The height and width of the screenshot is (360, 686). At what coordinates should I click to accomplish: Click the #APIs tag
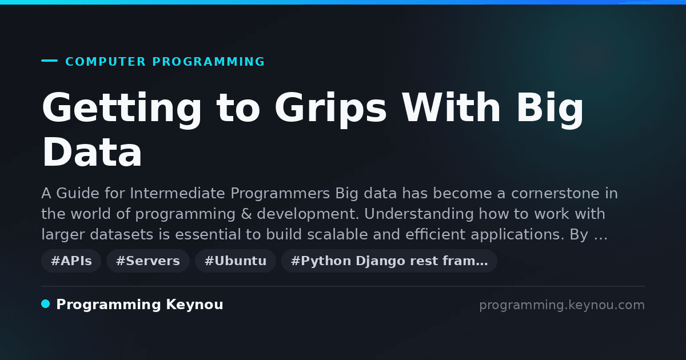71,261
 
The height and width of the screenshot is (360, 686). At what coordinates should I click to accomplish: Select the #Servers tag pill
148,261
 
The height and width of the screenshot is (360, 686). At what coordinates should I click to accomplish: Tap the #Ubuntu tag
236,261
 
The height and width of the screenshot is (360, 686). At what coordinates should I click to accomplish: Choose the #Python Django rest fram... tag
389,261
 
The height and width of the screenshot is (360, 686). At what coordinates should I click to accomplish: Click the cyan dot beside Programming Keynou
46,304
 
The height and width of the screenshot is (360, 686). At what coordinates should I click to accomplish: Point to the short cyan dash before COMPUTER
49,61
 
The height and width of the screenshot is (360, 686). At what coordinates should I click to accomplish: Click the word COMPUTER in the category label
106,62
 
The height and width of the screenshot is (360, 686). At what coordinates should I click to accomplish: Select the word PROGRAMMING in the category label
209,62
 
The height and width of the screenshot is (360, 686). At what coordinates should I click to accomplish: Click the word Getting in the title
122,109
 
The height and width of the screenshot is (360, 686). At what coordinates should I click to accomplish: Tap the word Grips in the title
331,109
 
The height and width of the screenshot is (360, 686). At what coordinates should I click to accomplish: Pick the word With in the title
452,107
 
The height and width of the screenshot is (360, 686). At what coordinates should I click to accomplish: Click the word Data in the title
92,152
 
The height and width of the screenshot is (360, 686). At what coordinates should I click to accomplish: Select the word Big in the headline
550,109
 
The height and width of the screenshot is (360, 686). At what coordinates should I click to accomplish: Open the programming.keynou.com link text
562,305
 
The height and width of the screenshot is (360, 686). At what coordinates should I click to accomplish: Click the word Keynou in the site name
194,305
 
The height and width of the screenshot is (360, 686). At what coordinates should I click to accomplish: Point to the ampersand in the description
246,214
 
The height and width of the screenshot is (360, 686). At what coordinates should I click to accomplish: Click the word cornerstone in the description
555,194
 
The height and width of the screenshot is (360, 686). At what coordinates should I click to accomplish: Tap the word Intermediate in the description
177,194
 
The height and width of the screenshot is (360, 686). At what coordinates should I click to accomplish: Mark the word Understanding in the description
419,214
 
